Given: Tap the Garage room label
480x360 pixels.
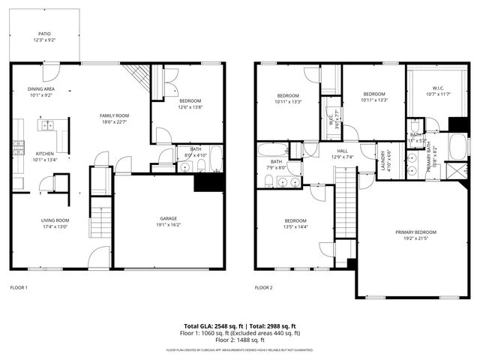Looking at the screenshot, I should point(169,220).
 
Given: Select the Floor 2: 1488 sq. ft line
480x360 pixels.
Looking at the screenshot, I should point(240,340).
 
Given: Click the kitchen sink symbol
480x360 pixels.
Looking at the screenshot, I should point(47,126).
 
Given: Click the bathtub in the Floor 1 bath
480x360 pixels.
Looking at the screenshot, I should point(215,159).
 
